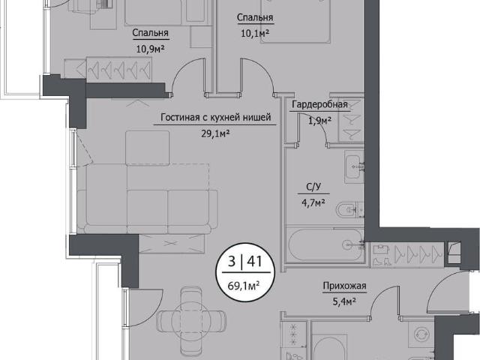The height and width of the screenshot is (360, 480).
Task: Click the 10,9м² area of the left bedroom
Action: [x=151, y=49]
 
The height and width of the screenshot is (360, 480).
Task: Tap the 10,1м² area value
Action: [x=255, y=33]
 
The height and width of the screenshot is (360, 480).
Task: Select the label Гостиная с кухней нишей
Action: [x=216, y=117]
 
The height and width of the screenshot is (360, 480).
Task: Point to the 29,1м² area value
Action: [x=215, y=133]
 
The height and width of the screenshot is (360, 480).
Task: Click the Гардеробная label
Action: [x=319, y=105]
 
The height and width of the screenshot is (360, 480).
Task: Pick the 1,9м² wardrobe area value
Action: [x=319, y=121]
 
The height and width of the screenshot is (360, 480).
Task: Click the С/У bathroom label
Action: [x=313, y=187]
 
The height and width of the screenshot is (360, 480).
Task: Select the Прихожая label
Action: [x=345, y=286]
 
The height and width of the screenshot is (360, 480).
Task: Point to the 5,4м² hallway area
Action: [x=344, y=302]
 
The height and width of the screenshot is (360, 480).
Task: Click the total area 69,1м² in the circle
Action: [x=244, y=286]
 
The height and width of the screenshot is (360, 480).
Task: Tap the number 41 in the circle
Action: [x=255, y=262]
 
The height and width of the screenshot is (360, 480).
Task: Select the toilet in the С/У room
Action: [x=348, y=210]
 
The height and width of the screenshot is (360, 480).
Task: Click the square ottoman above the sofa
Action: [x=147, y=148]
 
